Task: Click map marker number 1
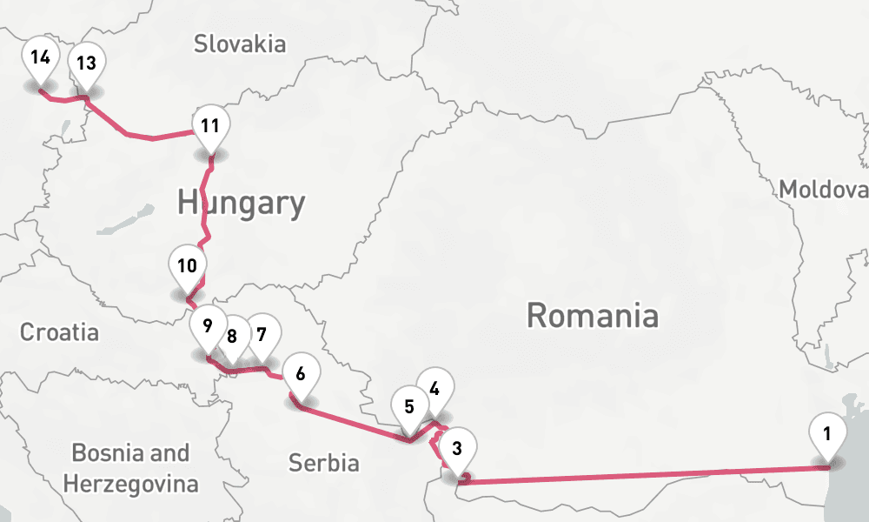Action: [x=827, y=432]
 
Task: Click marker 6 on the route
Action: [x=301, y=374]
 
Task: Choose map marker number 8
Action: [x=233, y=336]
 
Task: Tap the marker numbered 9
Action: [x=208, y=327]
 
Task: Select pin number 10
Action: [x=188, y=266]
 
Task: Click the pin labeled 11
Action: [x=209, y=125]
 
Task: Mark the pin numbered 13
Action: [x=86, y=63]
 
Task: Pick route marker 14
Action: [x=39, y=58]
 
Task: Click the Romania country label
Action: [x=592, y=315]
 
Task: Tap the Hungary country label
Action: [x=241, y=203]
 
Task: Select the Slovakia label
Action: [x=240, y=43]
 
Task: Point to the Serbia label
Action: [x=323, y=462]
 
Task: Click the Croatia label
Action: [x=59, y=331]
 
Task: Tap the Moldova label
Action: [x=822, y=190]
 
